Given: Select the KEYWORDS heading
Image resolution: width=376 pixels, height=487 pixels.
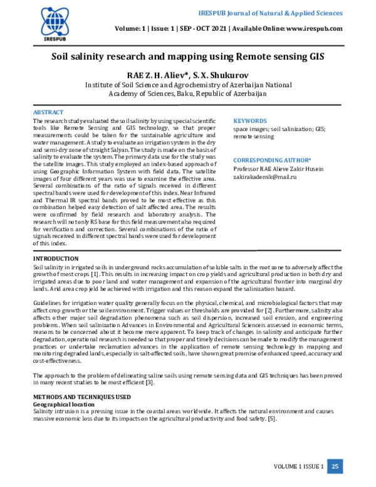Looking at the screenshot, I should coord(250,120).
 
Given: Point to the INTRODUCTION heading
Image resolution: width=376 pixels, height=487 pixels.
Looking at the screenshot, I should coord(56,259).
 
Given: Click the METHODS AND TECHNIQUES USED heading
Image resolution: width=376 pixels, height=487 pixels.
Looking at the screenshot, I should coord(81,397).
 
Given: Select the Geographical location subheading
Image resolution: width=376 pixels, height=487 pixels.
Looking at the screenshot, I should coord(65,404).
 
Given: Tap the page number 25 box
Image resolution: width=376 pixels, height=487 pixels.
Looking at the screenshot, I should coord(335,466).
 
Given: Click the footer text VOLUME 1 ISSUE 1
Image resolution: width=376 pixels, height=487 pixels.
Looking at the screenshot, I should coord(299,466).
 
